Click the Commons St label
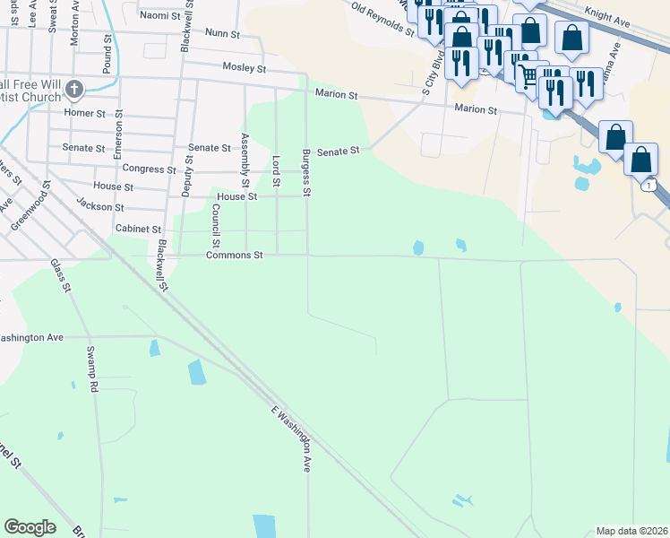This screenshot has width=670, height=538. [x=234, y=256]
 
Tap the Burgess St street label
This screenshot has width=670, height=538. [x=305, y=172]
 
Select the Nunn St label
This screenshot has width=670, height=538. [x=222, y=33]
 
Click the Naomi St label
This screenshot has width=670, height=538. [x=160, y=15]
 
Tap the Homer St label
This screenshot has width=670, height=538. [x=85, y=113]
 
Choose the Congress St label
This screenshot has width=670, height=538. [x=149, y=169]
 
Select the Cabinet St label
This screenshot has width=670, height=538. [x=138, y=230]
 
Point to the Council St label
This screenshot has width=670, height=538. [x=216, y=225]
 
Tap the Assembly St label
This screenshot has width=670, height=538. [x=245, y=154]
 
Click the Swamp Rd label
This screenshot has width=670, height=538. [x=91, y=369]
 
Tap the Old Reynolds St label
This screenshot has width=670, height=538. [x=382, y=20]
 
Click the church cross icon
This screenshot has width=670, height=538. [x=74, y=90]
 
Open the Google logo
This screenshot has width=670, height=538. [x=30, y=527]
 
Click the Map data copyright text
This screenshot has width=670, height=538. [x=631, y=531]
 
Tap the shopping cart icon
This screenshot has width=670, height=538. [x=527, y=74]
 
